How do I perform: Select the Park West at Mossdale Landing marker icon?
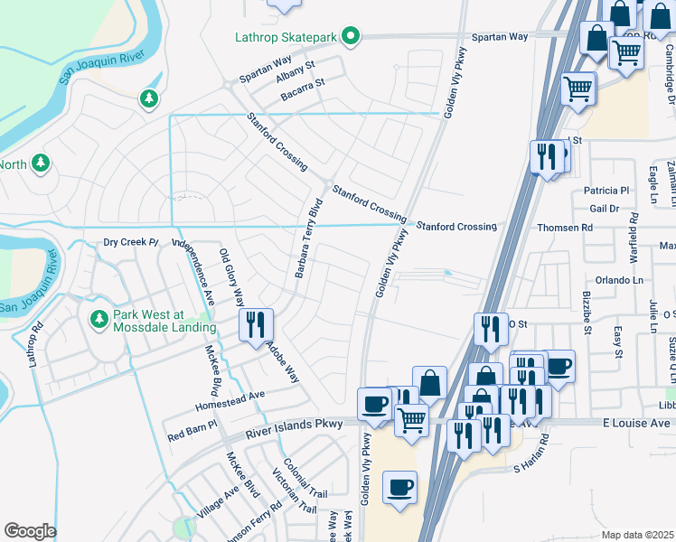click(99, 318)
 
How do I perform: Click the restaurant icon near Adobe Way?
click(256, 324)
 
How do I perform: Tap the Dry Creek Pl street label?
click(130, 243)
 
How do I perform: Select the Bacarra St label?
click(300, 83)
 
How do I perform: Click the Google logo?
click(30, 531)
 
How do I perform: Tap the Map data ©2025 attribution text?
click(637, 535)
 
